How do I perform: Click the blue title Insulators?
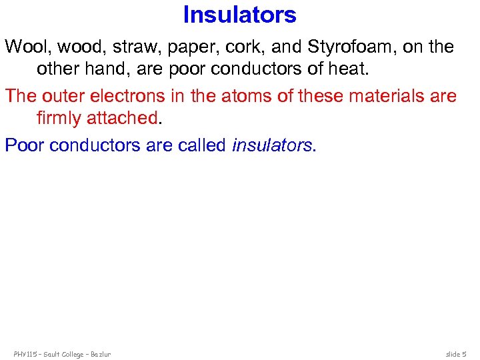pos(239,15)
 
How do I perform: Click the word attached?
pos(125,117)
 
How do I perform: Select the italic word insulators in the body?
pos(271,145)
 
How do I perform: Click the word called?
pos(202,145)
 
